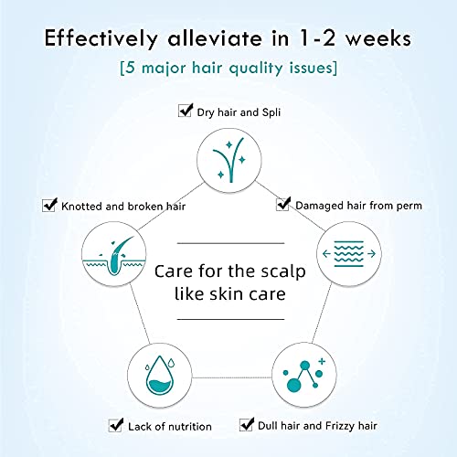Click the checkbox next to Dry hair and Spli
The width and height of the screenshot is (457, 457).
(186, 111)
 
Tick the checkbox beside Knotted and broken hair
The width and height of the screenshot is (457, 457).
(49, 205)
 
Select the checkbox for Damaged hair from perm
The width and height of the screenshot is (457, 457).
(283, 204)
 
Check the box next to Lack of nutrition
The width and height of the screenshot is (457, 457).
(116, 425)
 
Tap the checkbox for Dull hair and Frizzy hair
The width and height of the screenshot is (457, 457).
(247, 424)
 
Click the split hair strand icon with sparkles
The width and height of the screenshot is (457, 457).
(229, 160)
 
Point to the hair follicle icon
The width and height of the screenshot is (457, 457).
(113, 254)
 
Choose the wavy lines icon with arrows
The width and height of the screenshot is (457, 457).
(349, 253)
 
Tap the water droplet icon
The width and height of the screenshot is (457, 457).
(160, 376)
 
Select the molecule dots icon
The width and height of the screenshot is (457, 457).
(303, 375)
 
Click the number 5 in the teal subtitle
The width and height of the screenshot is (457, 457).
(130, 68)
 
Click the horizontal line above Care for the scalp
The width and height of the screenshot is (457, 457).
(230, 243)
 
